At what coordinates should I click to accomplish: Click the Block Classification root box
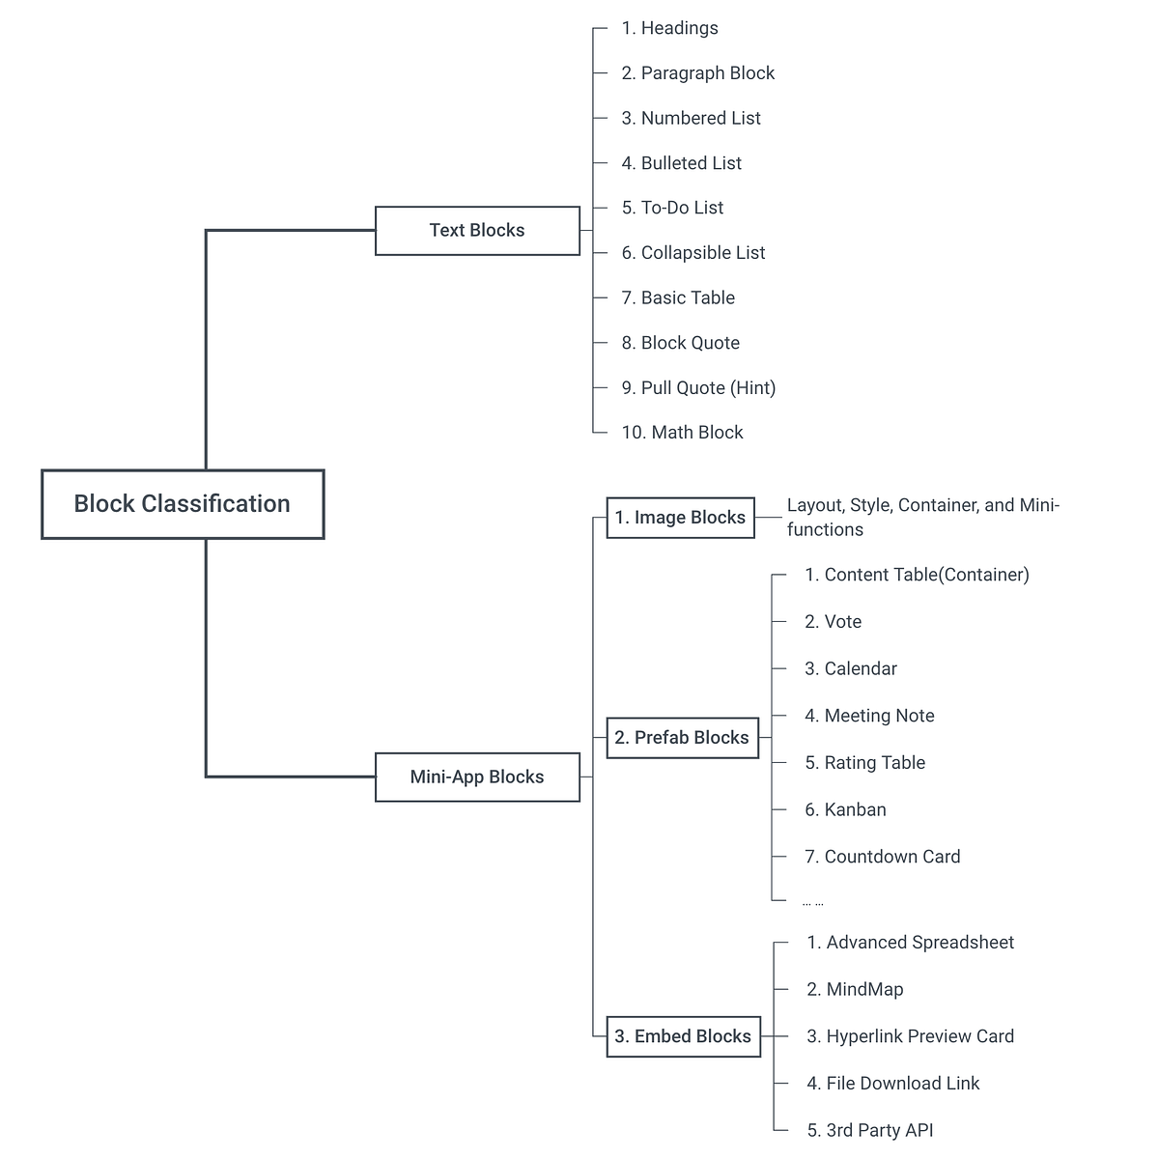pyautogui.click(x=183, y=504)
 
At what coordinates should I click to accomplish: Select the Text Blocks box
pyautogui.click(x=477, y=231)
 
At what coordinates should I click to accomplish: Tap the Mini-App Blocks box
pyautogui.click(x=477, y=777)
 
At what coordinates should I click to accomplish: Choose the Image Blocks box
pyautogui.click(x=680, y=518)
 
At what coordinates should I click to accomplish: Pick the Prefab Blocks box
pyautogui.click(x=682, y=738)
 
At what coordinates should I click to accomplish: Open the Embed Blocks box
pyautogui.click(x=683, y=1036)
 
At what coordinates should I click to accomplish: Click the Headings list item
pyautogui.click(x=669, y=28)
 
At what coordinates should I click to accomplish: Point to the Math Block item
pyautogui.click(x=682, y=433)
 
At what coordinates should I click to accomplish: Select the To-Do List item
pyautogui.click(x=672, y=208)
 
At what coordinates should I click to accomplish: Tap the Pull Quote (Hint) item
pyautogui.click(x=698, y=388)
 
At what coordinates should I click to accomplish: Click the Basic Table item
pyautogui.click(x=678, y=297)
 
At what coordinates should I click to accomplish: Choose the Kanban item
pyautogui.click(x=845, y=810)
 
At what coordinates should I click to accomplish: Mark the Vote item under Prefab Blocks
pyautogui.click(x=833, y=622)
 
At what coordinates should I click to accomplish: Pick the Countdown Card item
pyautogui.click(x=882, y=857)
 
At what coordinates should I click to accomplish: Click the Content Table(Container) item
pyautogui.click(x=917, y=575)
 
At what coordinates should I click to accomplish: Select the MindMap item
pyautogui.click(x=855, y=989)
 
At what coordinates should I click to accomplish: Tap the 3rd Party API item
pyautogui.click(x=869, y=1130)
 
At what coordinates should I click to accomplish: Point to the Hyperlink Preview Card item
pyautogui.click(x=910, y=1036)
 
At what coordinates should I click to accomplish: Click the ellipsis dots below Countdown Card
pyautogui.click(x=812, y=904)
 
